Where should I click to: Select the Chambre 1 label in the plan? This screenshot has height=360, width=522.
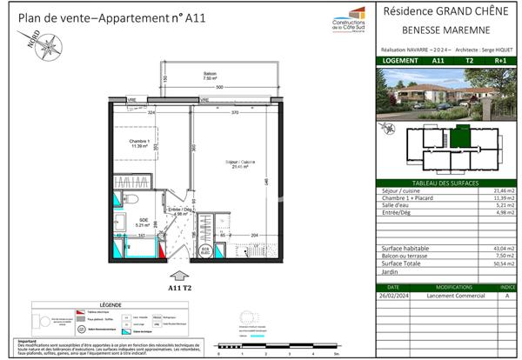coord(141,143)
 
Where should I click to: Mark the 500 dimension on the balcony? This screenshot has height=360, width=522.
coord(220,88)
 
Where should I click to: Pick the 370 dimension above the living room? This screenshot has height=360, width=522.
coord(234,113)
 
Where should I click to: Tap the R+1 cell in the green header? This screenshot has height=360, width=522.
coord(500,61)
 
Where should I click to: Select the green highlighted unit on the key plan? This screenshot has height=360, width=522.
coord(460,135)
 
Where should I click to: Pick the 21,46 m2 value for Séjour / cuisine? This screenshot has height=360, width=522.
coord(504,190)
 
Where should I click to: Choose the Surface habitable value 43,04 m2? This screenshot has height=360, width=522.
coord(504,249)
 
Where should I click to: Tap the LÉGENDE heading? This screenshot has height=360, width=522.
coord(110,304)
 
